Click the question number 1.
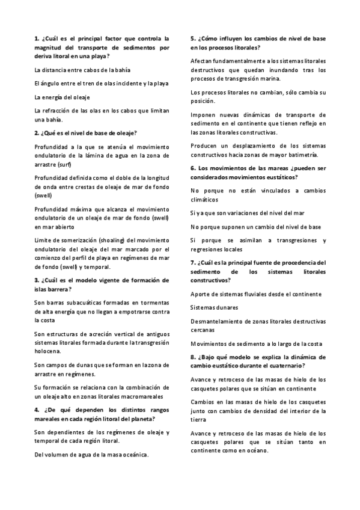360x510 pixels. (37, 38)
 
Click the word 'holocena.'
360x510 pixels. (47, 351)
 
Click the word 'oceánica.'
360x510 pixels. (132, 455)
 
